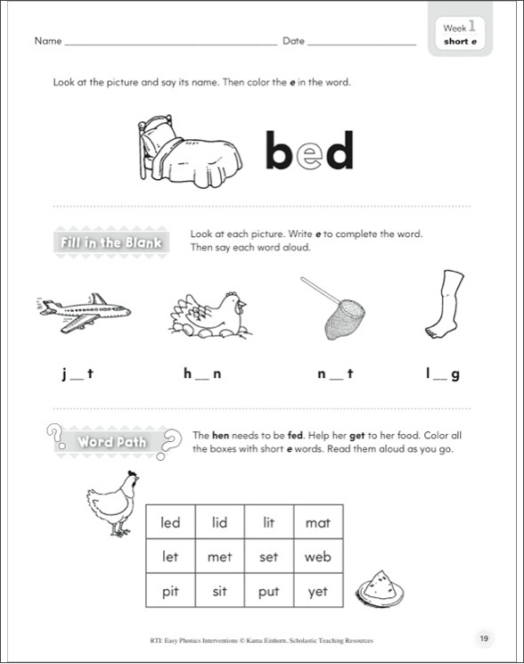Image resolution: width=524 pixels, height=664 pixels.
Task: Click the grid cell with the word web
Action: pyautogui.click(x=317, y=557)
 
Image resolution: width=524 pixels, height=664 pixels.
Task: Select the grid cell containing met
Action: pyautogui.click(x=219, y=557)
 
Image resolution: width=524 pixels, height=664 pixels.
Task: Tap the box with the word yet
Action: pyautogui.click(x=317, y=591)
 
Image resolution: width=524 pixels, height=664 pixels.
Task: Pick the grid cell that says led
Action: pyautogui.click(x=170, y=522)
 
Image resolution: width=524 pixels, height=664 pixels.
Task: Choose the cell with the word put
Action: pyautogui.click(x=268, y=591)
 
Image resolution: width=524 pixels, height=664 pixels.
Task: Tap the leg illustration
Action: pyautogui.click(x=445, y=304)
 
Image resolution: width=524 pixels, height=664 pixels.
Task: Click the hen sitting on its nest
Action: pyautogui.click(x=208, y=317)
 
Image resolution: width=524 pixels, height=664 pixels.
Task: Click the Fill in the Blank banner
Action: pyautogui.click(x=111, y=243)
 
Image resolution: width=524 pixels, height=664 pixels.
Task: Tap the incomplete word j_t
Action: pyautogui.click(x=78, y=375)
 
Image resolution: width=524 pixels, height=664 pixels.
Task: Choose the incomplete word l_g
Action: pyautogui.click(x=443, y=375)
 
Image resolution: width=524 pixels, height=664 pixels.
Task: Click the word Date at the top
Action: pyautogui.click(x=294, y=42)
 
